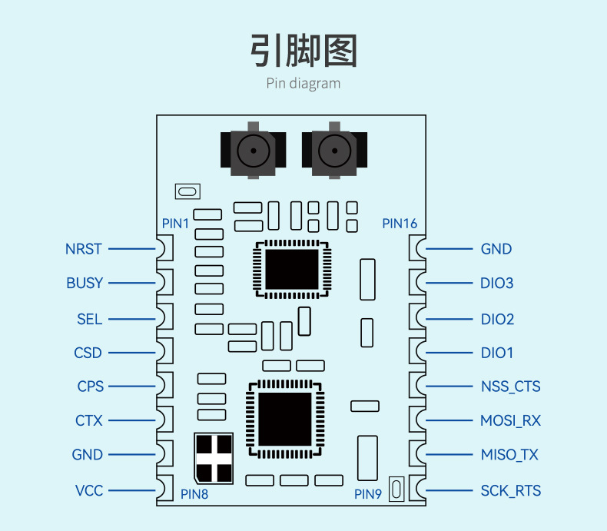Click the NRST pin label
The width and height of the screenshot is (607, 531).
tap(84, 249)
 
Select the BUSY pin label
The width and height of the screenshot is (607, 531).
tap(84, 283)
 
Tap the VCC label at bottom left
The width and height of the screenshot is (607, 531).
tap(89, 490)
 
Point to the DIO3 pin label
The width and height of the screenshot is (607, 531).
tap(496, 283)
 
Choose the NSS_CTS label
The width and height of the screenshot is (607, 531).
tap(510, 387)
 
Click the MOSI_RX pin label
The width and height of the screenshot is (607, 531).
tap(510, 420)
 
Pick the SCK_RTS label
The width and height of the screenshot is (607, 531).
tap(510, 490)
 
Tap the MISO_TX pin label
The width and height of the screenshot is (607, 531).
tap(509, 455)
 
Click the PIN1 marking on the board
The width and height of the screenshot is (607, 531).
tap(175, 224)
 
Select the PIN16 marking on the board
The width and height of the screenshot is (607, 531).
tap(400, 224)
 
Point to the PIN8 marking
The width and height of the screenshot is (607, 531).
tap(194, 494)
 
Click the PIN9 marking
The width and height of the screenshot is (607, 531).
tap(367, 494)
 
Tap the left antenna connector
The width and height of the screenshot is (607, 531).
tap(253, 151)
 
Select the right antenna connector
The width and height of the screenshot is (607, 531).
tap(334, 151)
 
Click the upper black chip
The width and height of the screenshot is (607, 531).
tap(292, 269)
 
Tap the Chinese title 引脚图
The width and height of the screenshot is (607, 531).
tap(303, 51)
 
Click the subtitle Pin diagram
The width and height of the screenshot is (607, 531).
tap(303, 83)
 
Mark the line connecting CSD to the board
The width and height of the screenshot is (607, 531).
tap(131, 353)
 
